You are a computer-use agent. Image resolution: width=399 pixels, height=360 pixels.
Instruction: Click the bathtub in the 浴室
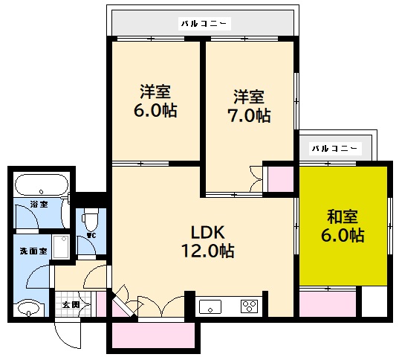(x=42, y=184)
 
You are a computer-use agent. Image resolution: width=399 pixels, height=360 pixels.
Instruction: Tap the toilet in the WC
(x=89, y=222)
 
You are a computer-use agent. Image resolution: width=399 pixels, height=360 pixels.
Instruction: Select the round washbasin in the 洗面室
(x=30, y=307)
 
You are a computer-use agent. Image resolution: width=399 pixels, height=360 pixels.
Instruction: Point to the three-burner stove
(x=248, y=305)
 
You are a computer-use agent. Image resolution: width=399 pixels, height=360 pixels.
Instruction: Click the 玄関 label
(x=71, y=305)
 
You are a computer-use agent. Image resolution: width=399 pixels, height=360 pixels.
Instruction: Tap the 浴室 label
(x=39, y=204)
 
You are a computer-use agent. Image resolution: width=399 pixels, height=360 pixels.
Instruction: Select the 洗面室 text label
(x=33, y=251)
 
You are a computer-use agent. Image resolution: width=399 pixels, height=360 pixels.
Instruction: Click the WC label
(x=91, y=237)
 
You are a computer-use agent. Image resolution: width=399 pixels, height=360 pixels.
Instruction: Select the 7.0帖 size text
(x=248, y=115)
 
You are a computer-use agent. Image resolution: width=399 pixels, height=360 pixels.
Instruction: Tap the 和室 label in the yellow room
(x=343, y=217)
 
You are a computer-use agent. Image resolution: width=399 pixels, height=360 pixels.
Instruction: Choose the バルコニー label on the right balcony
(x=334, y=148)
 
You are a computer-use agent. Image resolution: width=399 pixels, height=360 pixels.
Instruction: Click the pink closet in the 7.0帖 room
(x=280, y=179)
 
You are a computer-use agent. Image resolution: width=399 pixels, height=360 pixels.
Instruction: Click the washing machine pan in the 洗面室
(x=61, y=245)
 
